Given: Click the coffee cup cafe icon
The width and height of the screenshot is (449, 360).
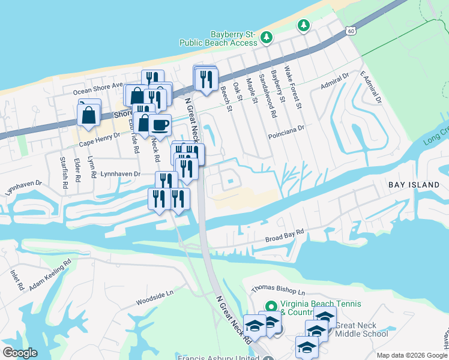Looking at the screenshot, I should point(160,125).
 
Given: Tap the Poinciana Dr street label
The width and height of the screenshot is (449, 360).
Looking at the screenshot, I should point(286,128).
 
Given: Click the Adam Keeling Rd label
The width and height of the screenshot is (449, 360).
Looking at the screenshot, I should point(50,272).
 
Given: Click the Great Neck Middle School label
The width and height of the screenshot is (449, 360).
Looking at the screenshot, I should point(362,329).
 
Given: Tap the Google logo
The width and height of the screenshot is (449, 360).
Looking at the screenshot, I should point(20,353).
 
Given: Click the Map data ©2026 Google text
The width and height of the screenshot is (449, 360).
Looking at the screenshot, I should point(411,355).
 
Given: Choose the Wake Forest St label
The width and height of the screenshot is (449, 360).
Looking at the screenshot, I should point(292,88).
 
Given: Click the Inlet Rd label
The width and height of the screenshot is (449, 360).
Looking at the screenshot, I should point(16,280).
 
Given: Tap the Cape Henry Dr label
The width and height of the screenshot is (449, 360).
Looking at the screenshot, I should point(100,139).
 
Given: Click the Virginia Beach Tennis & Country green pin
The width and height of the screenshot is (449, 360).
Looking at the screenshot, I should point(270,305).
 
